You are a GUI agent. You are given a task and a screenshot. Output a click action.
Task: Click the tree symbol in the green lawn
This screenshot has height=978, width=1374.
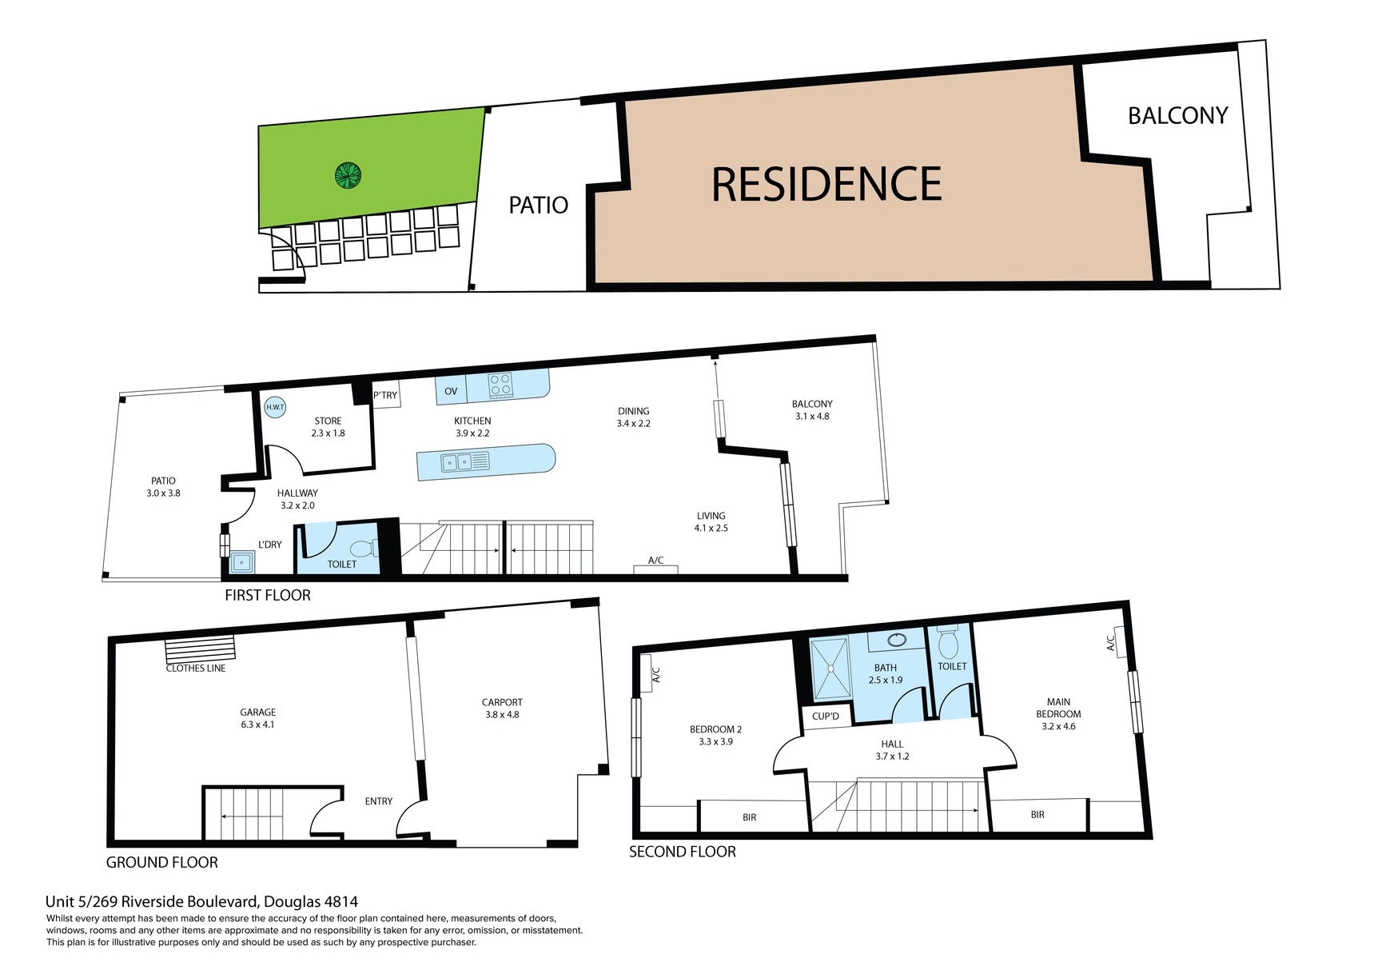pyautogui.click(x=348, y=175)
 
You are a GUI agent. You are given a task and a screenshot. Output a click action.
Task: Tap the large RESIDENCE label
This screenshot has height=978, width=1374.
pyautogui.click(x=826, y=184)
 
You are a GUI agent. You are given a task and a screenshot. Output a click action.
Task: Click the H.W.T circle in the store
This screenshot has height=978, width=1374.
pyautogui.click(x=275, y=407)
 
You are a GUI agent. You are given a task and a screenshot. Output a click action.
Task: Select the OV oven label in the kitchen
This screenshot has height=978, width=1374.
pyautogui.click(x=451, y=391)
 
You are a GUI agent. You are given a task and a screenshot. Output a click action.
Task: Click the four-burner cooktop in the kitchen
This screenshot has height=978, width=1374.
pyautogui.click(x=500, y=385)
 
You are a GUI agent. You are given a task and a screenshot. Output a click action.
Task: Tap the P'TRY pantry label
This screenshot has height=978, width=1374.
pyautogui.click(x=385, y=395)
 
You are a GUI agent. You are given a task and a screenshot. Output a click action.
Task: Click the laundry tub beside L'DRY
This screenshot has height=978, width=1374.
pyautogui.click(x=241, y=562)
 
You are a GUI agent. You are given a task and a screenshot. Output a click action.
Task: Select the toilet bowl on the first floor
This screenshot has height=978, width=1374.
pyautogui.click(x=362, y=549)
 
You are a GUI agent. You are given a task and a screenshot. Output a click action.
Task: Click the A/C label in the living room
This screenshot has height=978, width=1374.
pyautogui.click(x=655, y=561)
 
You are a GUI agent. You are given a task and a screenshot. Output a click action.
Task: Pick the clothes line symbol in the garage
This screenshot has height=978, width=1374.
pyautogui.click(x=200, y=647)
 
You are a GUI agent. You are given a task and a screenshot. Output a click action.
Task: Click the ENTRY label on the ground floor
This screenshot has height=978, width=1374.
pyautogui.click(x=378, y=801)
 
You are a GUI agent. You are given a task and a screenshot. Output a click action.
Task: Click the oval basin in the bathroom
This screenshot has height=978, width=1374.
pyautogui.click(x=897, y=640)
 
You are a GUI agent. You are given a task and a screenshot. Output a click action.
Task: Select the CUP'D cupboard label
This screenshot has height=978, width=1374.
pyautogui.click(x=825, y=716)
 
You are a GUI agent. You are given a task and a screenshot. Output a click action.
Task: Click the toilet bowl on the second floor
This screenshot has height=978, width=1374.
pyautogui.click(x=948, y=644)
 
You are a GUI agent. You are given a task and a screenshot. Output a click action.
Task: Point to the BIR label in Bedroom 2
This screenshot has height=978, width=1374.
pyautogui.click(x=749, y=817)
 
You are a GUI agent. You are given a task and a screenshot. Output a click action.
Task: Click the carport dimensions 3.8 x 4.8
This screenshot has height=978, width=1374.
pyautogui.click(x=502, y=715)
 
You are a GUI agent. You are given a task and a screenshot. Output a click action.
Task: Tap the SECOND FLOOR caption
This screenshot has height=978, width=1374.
pyautogui.click(x=682, y=852)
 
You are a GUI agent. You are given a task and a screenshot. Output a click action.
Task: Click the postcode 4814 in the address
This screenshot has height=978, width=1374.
pyautogui.click(x=341, y=901)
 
